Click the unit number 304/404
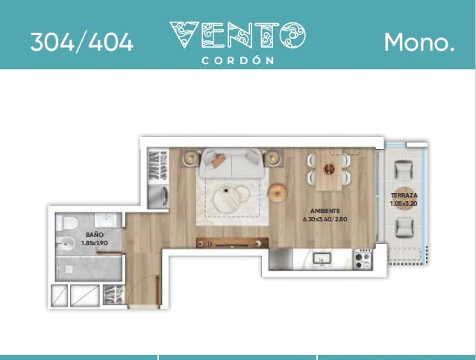coord(81,42)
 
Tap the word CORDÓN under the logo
coord(238,60)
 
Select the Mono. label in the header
coord(419,42)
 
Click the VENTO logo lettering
coord(238,35)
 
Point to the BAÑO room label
coord(95,235)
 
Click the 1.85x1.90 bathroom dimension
coord(95,243)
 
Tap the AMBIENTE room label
coord(325,211)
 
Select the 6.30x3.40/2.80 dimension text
coord(325,219)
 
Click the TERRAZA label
coord(404,195)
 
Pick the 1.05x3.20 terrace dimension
coord(404,203)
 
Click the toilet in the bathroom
coord(67,223)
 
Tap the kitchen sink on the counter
coord(322,259)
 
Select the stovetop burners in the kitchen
coord(363,259)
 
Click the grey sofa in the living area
coord(231,163)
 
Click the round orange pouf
coord(277,192)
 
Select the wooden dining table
coord(329,171)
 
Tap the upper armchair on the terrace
coord(404,170)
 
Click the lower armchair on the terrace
coord(404,227)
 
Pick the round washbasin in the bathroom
coord(66,244)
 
